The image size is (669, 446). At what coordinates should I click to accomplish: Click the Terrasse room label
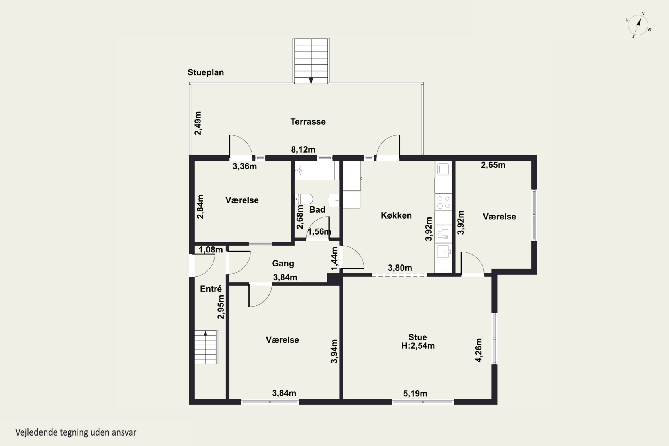(308, 122)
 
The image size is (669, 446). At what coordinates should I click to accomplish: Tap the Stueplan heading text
(206, 72)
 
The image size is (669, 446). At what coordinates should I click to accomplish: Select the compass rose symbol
(638, 25)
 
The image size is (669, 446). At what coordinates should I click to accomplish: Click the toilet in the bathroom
(304, 199)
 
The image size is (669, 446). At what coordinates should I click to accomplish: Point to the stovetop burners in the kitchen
(443, 202)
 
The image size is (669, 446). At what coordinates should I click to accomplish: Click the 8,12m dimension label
(303, 149)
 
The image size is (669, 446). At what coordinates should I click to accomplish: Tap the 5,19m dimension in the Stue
(415, 394)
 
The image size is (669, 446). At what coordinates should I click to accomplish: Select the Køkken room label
(396, 215)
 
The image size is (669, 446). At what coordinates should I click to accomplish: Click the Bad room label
(317, 210)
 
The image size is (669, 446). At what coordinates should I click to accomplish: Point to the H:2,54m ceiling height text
(418, 346)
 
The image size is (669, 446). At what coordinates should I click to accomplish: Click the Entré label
(211, 289)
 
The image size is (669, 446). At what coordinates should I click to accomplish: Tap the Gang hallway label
(283, 263)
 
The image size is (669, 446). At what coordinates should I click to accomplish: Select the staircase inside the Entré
(206, 347)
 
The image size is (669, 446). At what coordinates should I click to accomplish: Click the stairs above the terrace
(311, 61)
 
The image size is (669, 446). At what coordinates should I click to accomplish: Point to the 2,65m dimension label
(493, 165)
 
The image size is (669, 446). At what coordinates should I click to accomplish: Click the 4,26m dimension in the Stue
(479, 350)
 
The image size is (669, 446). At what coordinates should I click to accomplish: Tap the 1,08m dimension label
(211, 250)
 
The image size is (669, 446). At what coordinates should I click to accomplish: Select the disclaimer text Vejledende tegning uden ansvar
(76, 432)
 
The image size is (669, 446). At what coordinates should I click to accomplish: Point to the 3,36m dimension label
(245, 166)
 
